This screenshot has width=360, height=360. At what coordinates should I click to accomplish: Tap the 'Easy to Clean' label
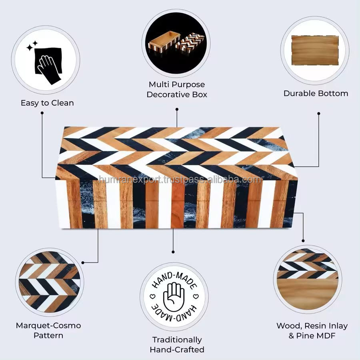(x=47, y=103)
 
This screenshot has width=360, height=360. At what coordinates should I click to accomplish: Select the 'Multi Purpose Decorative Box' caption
(x=176, y=90)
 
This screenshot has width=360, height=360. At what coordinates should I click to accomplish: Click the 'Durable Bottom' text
(x=316, y=93)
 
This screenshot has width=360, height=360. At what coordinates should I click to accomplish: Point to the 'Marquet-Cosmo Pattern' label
(x=48, y=330)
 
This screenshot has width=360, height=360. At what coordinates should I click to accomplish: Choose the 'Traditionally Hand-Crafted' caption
(x=177, y=344)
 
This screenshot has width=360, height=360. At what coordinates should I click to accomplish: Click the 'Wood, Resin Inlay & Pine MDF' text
(x=312, y=330)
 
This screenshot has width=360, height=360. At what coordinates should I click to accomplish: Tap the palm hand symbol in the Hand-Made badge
(x=173, y=296)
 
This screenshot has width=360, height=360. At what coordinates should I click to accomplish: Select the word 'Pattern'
(x=48, y=335)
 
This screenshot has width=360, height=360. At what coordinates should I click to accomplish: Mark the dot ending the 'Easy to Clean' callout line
(x=42, y=113)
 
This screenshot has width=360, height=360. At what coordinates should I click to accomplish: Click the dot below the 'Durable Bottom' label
(x=318, y=114)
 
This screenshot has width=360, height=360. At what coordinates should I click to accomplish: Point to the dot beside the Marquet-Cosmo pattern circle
(x=83, y=262)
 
